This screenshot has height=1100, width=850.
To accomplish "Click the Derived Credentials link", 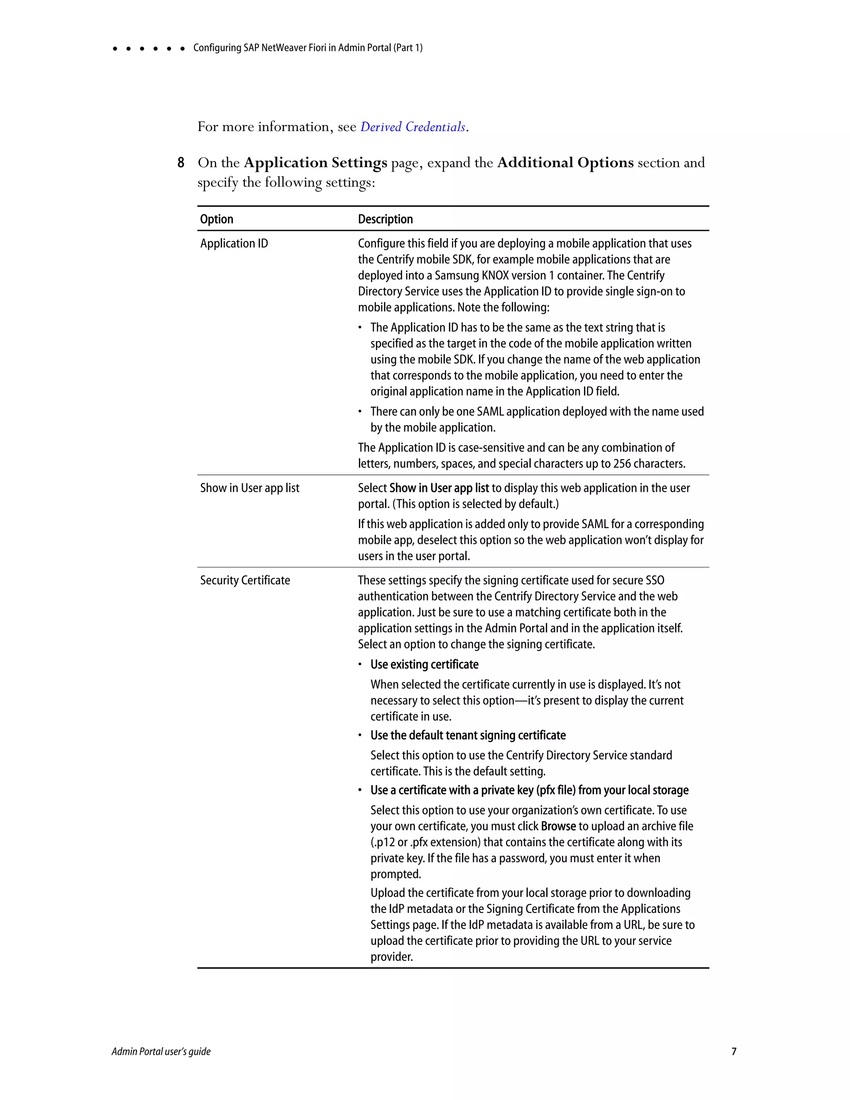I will [x=413, y=127].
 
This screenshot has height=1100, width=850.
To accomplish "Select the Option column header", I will [x=217, y=219].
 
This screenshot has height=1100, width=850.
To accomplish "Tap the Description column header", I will [x=385, y=219].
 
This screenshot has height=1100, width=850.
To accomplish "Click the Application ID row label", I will [x=234, y=243].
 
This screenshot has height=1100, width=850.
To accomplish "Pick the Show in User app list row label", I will [x=250, y=488].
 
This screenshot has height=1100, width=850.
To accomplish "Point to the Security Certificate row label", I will [x=245, y=580].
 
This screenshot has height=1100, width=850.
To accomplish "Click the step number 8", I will [x=181, y=163].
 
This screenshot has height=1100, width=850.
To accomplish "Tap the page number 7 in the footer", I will [x=734, y=1051].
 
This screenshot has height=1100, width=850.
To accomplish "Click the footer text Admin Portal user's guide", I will [x=161, y=1051].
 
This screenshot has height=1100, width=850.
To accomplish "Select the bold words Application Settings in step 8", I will [x=315, y=163].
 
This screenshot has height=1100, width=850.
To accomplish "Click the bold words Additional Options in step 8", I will [x=565, y=163].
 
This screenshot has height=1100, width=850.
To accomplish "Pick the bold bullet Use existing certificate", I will [x=425, y=664].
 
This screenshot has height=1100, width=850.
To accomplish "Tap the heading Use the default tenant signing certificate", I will [x=468, y=736].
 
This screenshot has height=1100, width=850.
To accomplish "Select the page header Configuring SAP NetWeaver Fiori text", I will [x=308, y=48].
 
